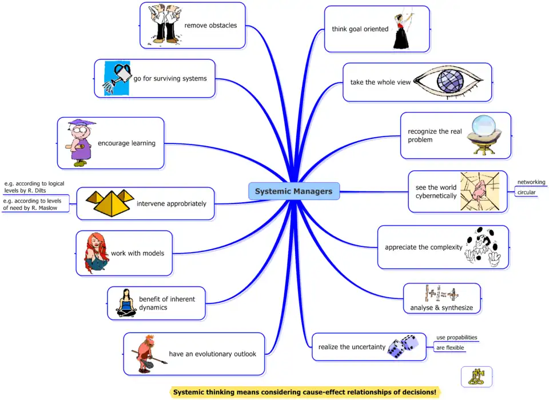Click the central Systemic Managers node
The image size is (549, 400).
coord(294,191)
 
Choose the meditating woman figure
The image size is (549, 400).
coord(126,302)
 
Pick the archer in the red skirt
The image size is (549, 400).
coord(403,29)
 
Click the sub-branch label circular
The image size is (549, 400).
coord(526,193)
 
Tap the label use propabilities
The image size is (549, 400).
coord(456,338)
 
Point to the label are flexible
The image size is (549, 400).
coord(450,347)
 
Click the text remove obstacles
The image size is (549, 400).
coord(210,26)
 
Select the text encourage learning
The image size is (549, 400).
coord(126,143)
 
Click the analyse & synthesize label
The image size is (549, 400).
coord(441,309)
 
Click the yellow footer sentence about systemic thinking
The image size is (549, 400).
coord(305,393)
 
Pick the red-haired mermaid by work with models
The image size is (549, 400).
coord(96,253)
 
